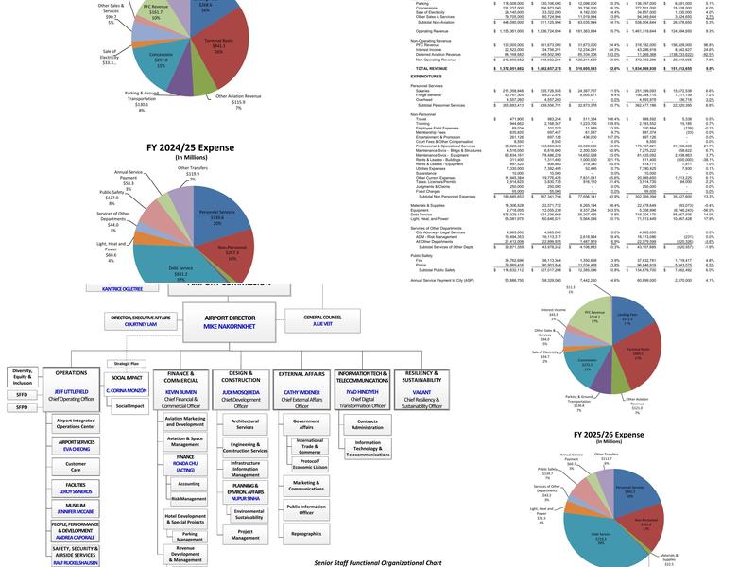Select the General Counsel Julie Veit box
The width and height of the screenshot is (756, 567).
coord(322,319)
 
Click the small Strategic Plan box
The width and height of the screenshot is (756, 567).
coord(127,362)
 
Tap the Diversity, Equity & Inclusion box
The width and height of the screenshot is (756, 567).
coord(21,376)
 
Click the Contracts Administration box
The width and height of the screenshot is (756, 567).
coord(367,423)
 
